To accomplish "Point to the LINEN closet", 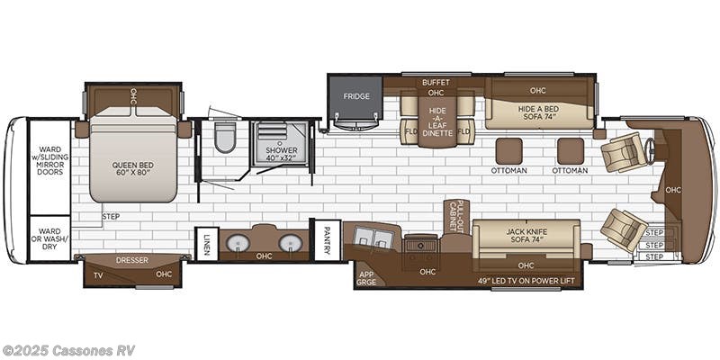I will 207,244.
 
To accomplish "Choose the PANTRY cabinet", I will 326,239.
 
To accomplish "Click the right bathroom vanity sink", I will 289,242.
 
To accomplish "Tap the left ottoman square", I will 509,150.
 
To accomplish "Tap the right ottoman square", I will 570,150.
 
